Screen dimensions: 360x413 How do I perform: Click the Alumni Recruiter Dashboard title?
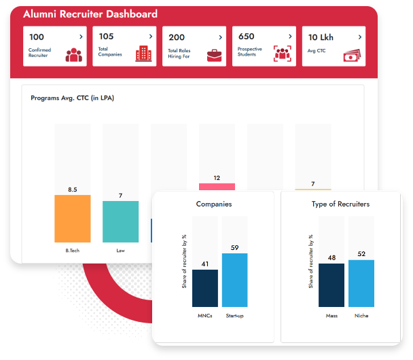[x=90, y=14]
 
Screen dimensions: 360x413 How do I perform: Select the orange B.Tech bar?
[x=73, y=218]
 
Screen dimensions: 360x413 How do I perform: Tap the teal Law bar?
[x=120, y=221]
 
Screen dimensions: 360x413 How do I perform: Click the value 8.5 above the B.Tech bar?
[x=73, y=189]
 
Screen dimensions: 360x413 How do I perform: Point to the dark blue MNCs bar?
[x=205, y=288]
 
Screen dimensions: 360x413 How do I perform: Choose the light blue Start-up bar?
[x=234, y=280]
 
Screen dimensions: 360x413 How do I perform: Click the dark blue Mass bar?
[x=331, y=285]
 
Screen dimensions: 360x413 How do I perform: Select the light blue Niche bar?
[x=361, y=283]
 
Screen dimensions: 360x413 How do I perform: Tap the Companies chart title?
[x=214, y=204]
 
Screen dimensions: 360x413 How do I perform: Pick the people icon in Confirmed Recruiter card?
[x=73, y=55]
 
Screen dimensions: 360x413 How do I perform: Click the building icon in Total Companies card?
[x=142, y=54]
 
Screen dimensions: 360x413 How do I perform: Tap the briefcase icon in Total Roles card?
[x=214, y=55]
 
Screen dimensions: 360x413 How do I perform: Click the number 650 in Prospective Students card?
[x=247, y=37]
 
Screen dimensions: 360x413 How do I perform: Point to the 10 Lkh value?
[x=322, y=37]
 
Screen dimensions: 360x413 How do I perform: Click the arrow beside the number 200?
[x=220, y=37]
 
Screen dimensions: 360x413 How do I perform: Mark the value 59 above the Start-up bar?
[x=234, y=248]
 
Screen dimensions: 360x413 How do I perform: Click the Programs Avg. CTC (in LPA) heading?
[x=73, y=98]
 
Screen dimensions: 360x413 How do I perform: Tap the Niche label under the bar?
[x=361, y=315]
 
